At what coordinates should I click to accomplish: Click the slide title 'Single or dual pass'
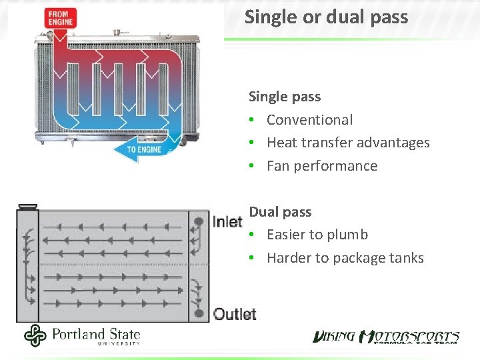pyautogui.click(x=326, y=17)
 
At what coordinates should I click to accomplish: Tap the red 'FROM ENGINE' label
pyautogui.click(x=59, y=19)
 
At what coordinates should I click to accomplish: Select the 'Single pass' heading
pyautogui.click(x=285, y=97)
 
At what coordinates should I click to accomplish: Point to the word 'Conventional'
pyautogui.click(x=309, y=120)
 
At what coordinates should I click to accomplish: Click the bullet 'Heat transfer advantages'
pyautogui.click(x=348, y=143)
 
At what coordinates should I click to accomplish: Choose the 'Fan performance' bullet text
pyautogui.click(x=322, y=166)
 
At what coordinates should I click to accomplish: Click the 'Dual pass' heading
pyautogui.click(x=280, y=212)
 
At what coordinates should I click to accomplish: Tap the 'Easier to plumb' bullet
pyautogui.click(x=317, y=235)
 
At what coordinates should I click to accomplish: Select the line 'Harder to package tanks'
pyautogui.click(x=345, y=258)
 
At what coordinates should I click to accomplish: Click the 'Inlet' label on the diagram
pyautogui.click(x=227, y=222)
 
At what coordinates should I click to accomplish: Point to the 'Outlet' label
pyautogui.click(x=235, y=314)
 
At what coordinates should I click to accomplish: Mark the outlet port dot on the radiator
pyautogui.click(x=199, y=313)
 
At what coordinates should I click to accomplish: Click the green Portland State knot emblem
pyautogui.click(x=35, y=335)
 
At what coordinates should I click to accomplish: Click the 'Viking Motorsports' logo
pyautogui.click(x=387, y=336)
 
